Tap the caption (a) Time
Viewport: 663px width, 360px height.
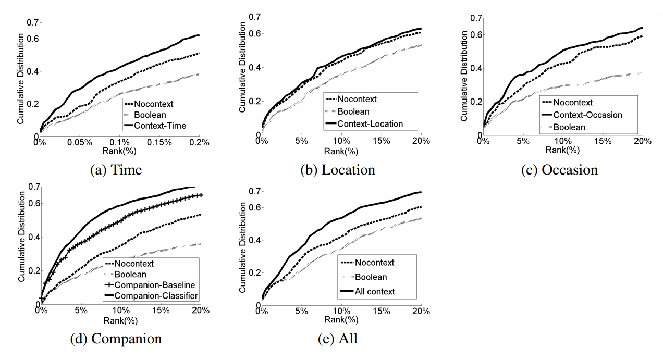tap(116, 170)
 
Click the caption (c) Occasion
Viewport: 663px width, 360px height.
tap(559, 170)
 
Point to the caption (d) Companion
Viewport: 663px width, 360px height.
tap(116, 339)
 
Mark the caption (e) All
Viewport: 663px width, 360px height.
tap(338, 339)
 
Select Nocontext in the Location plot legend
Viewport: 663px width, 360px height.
tap(357, 99)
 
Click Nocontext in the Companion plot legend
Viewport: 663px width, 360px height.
tap(134, 264)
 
